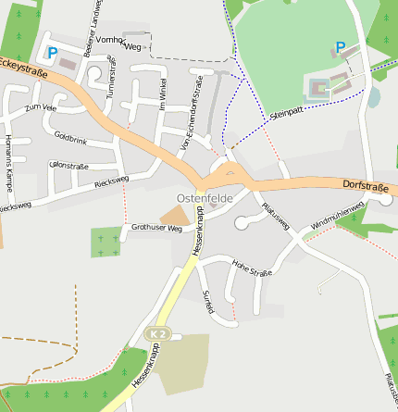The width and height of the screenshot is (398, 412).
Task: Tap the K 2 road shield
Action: pyautogui.click(x=158, y=333)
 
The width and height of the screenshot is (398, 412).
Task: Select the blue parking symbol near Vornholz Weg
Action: pyautogui.click(x=52, y=54)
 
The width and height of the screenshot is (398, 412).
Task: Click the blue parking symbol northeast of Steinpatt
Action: pyautogui.click(x=340, y=47)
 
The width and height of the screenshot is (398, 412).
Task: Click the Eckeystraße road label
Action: pyautogui.click(x=24, y=66)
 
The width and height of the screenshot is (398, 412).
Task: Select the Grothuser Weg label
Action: pyautogui.click(x=156, y=228)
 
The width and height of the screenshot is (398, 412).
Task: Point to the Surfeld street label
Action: pyautogui.click(x=207, y=301)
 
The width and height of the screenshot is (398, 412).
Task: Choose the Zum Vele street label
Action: pyautogui.click(x=41, y=108)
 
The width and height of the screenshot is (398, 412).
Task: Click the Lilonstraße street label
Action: pyautogui.click(x=66, y=165)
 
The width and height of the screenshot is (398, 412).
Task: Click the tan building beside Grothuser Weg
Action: pyautogui.click(x=173, y=216)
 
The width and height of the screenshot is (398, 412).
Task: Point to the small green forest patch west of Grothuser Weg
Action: pyautogui.click(x=106, y=242)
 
